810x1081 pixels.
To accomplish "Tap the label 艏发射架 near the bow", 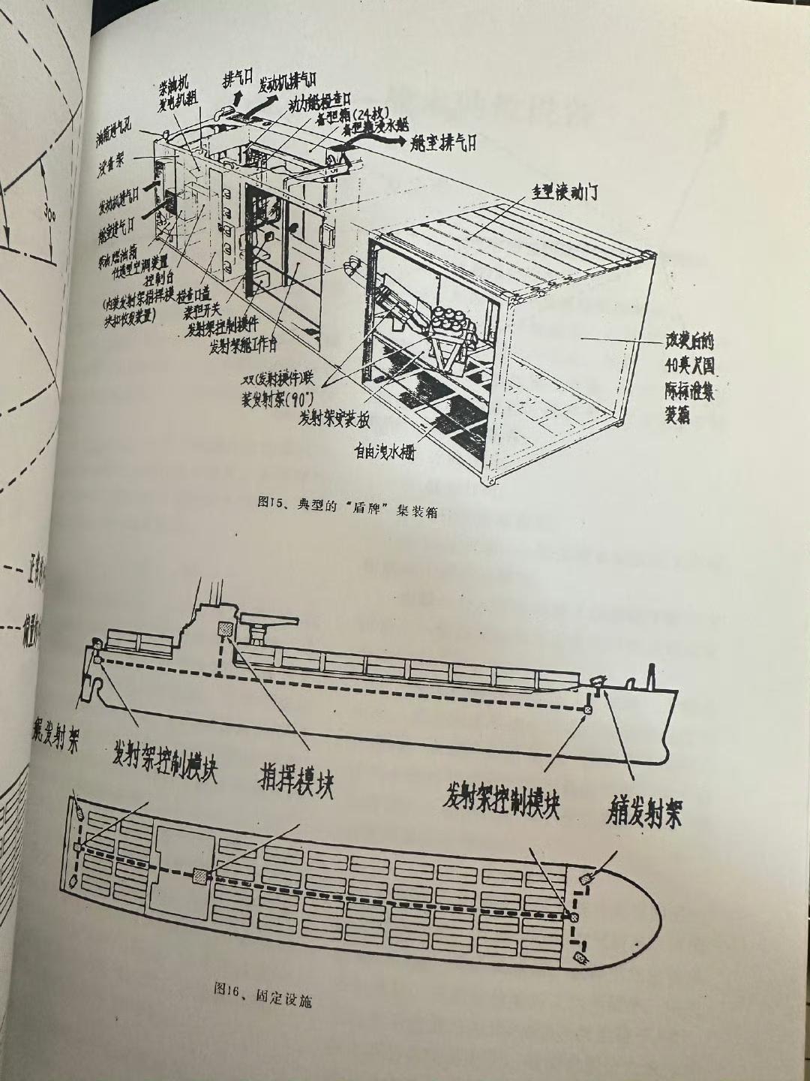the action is pos(644,812).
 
